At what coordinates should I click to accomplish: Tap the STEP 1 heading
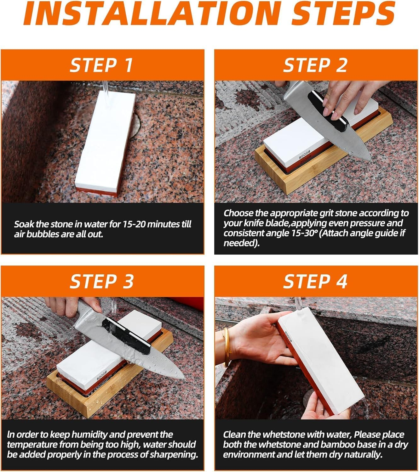coord(101,65)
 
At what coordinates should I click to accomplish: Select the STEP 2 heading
coord(315,65)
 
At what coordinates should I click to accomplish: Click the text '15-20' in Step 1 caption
coord(132,224)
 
